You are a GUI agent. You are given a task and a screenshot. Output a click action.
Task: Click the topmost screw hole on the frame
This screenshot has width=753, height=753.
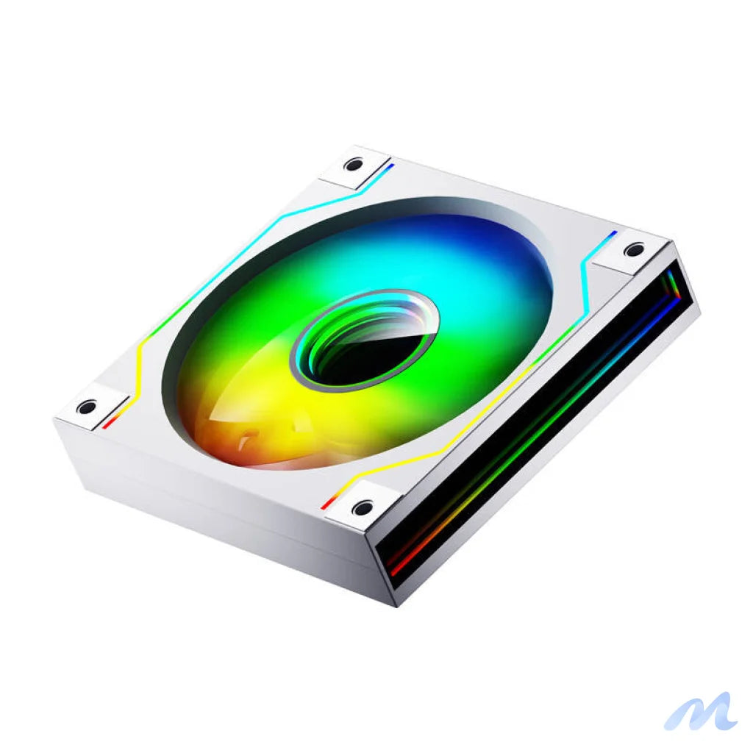pyautogui.click(x=354, y=165)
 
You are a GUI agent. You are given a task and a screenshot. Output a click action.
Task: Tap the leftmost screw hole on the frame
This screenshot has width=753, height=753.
pyautogui.click(x=87, y=407)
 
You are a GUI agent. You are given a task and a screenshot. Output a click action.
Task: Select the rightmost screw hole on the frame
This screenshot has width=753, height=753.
pyautogui.click(x=634, y=250)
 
